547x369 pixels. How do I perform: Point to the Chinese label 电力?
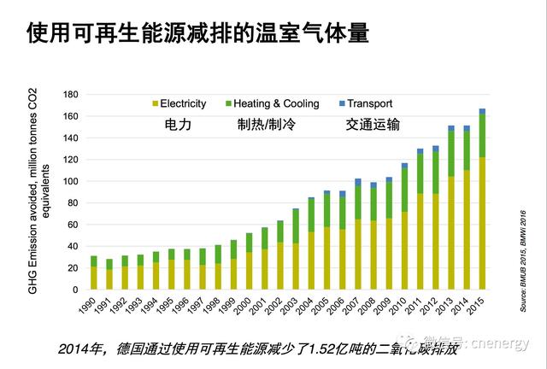tap(178, 125)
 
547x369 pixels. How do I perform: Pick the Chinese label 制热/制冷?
tap(265, 125)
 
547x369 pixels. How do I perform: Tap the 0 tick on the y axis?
tap(75, 290)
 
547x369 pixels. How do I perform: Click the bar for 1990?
tap(94, 274)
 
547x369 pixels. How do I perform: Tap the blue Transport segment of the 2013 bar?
tap(451, 128)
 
